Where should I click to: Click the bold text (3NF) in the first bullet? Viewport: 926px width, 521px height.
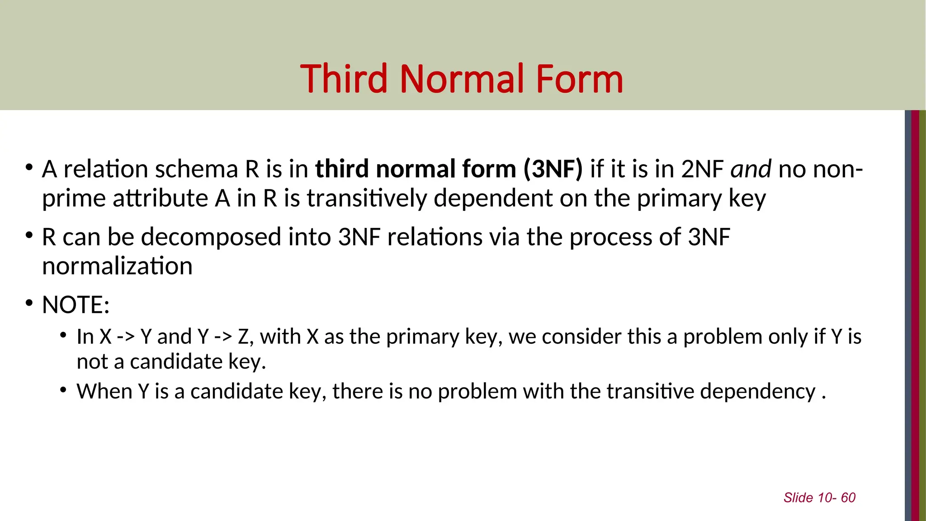[x=553, y=169]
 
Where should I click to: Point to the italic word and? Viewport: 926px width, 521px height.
[x=751, y=169]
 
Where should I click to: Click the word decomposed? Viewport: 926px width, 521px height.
[x=211, y=237]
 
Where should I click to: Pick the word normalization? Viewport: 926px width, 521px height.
[x=117, y=266]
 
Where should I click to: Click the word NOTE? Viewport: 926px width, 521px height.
[x=76, y=305]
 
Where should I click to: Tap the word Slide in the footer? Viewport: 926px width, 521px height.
[x=798, y=497]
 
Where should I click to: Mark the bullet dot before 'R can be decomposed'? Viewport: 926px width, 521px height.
[x=29, y=235]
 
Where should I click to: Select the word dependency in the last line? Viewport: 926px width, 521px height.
[x=758, y=391]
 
